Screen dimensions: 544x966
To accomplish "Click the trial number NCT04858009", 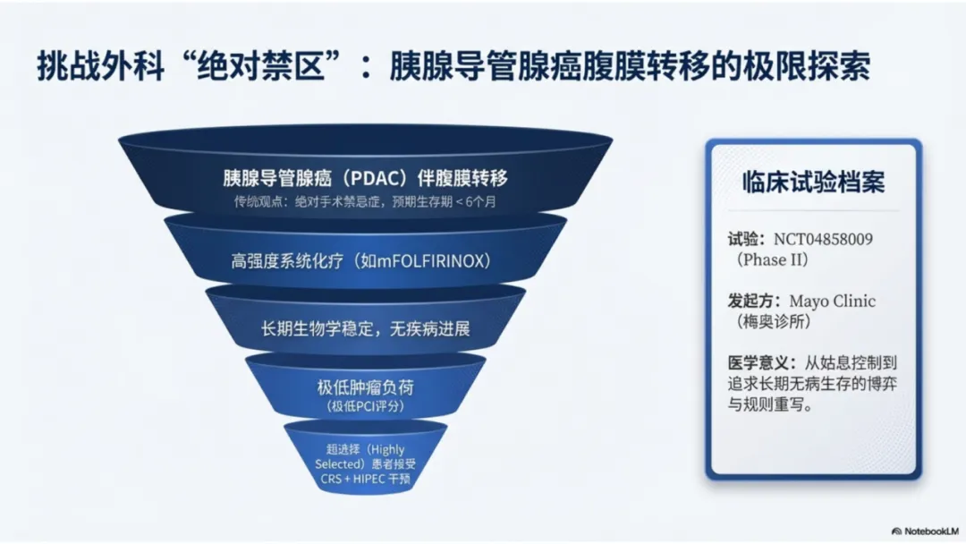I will coord(823,240).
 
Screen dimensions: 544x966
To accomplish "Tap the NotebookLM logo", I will coord(927,530).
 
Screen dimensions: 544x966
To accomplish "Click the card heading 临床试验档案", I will coord(813,182).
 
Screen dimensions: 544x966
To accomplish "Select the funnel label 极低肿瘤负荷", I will coord(364,388).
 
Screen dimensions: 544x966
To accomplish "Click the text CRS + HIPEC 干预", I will coord(365,479).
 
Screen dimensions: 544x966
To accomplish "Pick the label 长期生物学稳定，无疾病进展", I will coord(365,327).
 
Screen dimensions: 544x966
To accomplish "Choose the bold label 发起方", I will coord(752,302).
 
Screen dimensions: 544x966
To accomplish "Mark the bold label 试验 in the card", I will coord(746,240).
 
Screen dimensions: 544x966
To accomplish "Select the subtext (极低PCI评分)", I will coord(364,407).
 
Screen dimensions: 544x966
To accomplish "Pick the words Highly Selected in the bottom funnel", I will coord(362,456).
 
